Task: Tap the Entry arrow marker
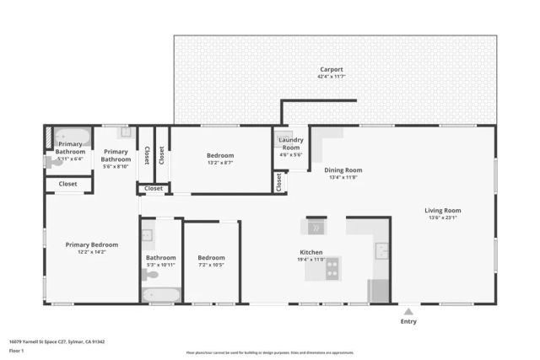(408, 311)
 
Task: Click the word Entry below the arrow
(408, 321)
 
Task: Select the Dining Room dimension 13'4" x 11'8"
(342, 178)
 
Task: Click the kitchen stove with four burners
(332, 268)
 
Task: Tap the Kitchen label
(311, 252)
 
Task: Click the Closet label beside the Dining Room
(278, 182)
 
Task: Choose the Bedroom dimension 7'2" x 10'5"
(211, 266)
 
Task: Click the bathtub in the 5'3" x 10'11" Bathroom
(161, 295)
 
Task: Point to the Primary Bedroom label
(92, 244)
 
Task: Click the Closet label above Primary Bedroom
(67, 183)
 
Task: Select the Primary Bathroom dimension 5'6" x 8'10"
(116, 166)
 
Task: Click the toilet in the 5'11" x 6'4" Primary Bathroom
(50, 163)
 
